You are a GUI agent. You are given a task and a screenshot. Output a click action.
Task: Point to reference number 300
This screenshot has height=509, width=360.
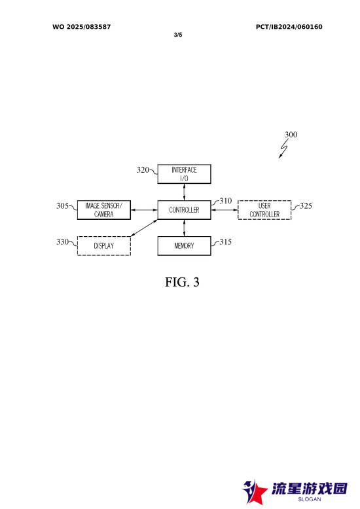click(x=291, y=134)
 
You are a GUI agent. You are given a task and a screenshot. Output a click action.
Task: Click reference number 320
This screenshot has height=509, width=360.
click(x=143, y=169)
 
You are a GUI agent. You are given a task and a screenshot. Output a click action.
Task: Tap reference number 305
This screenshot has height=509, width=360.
click(x=62, y=205)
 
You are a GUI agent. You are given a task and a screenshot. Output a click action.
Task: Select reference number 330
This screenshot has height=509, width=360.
click(x=62, y=241)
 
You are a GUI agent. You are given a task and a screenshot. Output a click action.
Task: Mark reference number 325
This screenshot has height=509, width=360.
click(x=306, y=205)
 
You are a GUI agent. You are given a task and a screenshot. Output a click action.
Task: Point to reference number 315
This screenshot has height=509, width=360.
click(x=225, y=241)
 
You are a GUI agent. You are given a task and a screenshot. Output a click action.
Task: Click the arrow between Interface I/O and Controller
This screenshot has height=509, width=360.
click(x=184, y=192)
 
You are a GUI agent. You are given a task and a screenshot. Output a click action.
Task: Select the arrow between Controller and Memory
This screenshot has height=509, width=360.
click(x=184, y=228)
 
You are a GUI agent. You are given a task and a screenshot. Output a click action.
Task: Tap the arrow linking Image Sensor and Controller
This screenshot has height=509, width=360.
click(x=144, y=210)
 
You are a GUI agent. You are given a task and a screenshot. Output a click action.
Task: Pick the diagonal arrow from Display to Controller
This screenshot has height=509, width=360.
click(x=144, y=228)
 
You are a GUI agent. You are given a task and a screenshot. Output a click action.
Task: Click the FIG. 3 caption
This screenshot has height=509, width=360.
click(x=182, y=282)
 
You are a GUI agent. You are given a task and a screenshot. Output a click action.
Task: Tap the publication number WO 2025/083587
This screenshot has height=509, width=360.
click(x=82, y=27)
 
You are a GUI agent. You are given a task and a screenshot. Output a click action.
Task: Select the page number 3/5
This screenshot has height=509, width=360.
click(x=178, y=35)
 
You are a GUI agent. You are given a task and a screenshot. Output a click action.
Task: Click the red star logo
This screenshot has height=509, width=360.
click(x=254, y=493)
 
